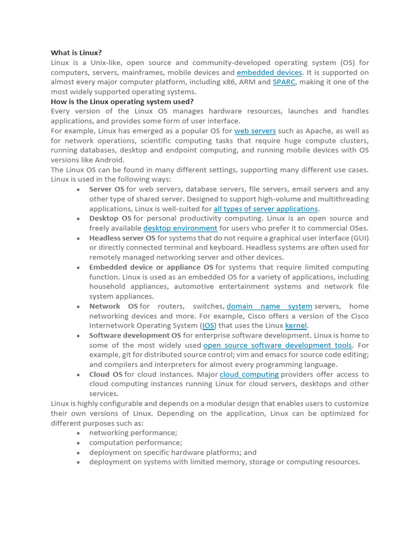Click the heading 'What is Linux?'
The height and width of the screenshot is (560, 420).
[76, 53]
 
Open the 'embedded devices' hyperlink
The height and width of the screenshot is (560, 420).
[269, 73]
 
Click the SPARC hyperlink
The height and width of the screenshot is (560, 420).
[284, 83]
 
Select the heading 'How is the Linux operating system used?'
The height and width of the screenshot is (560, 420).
[122, 102]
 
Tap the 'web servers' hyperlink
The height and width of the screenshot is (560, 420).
[255, 131]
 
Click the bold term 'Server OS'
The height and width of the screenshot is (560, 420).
[107, 190]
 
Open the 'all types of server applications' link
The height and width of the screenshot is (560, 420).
[265, 209]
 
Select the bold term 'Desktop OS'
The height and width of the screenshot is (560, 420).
[110, 219]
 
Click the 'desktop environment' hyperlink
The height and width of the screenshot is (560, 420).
[180, 228]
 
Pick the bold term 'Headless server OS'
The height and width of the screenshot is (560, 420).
[122, 238]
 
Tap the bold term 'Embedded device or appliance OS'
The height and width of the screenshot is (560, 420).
[151, 267]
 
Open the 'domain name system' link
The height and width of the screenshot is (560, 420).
[269, 307]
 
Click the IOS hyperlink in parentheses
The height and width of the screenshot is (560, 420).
[208, 326]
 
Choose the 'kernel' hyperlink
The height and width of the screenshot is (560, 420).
[296, 326]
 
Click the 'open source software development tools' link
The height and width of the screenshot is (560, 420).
[278, 346]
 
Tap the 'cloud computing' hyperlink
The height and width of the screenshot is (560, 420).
[249, 375]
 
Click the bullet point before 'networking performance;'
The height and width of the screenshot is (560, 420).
[79, 433]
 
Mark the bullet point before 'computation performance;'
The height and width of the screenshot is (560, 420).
[79, 443]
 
